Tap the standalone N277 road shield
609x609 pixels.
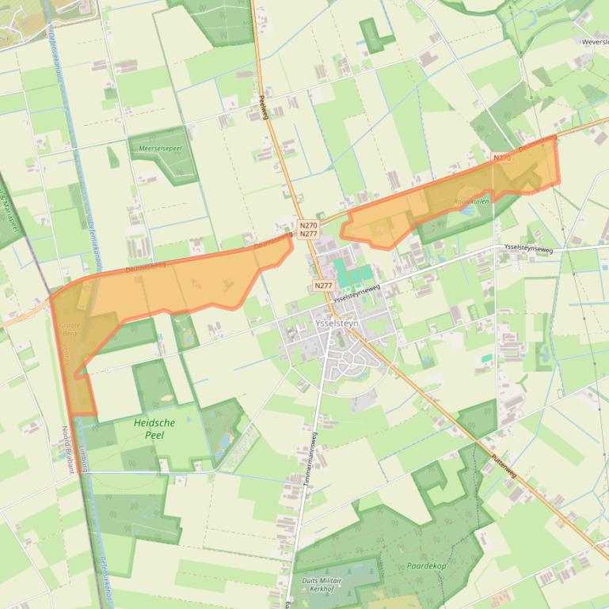(322, 286)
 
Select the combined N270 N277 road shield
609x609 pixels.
(309, 229)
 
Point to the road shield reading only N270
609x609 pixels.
(502, 158)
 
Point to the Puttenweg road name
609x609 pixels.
(503, 464)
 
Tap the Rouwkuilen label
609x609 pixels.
(472, 202)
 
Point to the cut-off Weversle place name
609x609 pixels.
(594, 41)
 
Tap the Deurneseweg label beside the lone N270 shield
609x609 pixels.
(537, 144)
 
